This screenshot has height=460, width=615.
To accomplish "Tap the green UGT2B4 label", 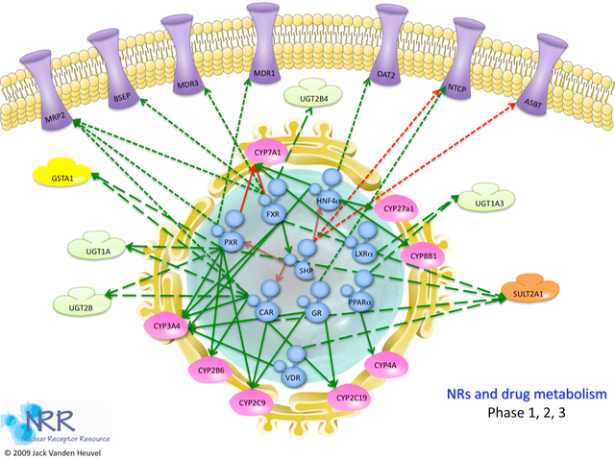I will click(308, 96).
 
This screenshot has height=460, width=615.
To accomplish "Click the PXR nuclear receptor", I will click(230, 243).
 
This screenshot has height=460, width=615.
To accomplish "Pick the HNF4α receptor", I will click(331, 199).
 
